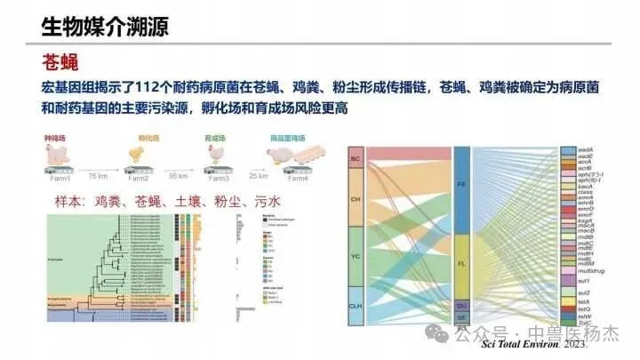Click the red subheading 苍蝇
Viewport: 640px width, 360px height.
(x=62, y=62)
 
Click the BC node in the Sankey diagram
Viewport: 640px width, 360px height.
(x=356, y=160)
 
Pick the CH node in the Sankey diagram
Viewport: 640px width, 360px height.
(x=356, y=199)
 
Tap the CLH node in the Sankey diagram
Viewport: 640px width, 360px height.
(x=356, y=304)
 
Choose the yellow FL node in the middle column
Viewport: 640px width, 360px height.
(x=461, y=265)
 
